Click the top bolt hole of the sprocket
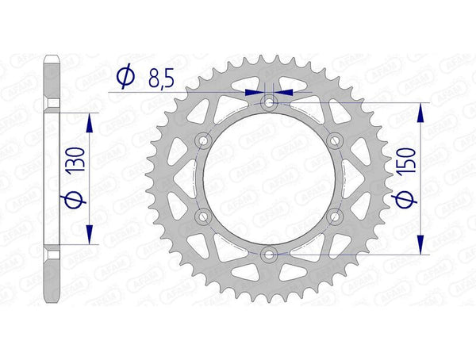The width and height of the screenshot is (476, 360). (x=270, y=102)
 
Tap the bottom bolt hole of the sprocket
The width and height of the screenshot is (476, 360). (x=270, y=254)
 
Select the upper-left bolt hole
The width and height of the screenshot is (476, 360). (x=204, y=140)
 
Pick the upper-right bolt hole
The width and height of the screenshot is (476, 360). (x=335, y=140)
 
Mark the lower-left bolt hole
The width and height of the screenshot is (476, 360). (x=204, y=216)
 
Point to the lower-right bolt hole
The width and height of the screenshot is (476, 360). (x=335, y=216)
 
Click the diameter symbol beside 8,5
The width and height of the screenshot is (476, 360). (x=125, y=77)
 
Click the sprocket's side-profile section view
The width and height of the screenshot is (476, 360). (x=52, y=178)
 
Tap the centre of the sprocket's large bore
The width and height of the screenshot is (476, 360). (x=270, y=178)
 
